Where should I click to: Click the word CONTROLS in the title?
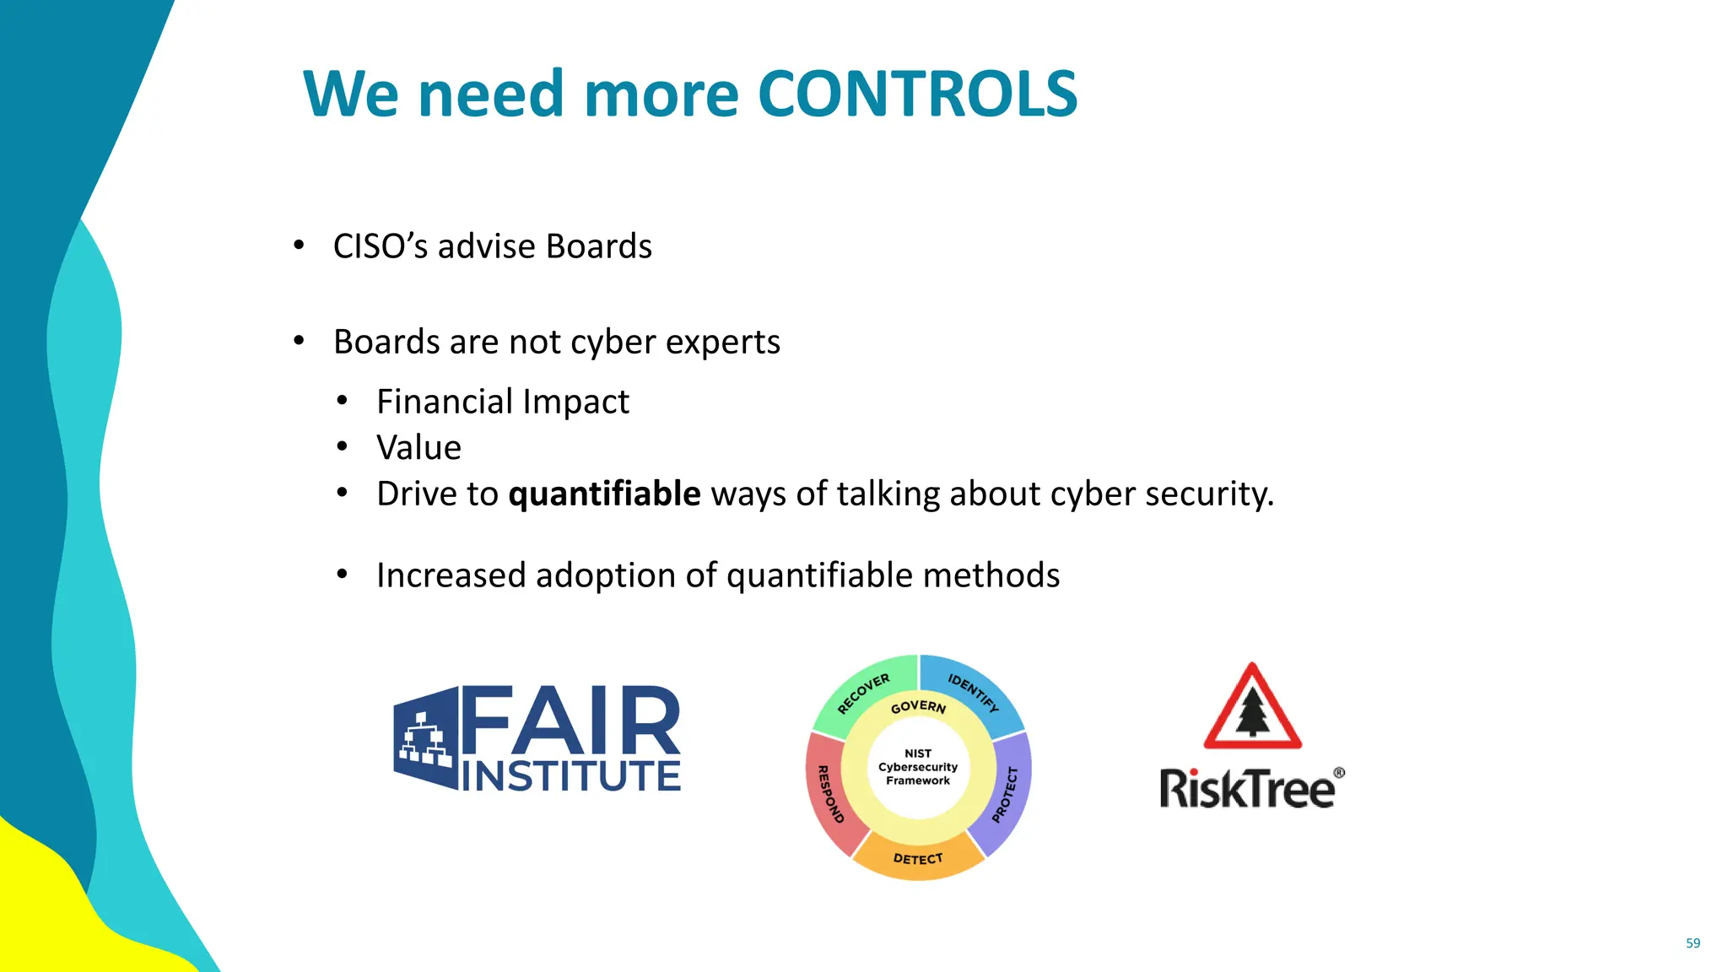click(x=918, y=93)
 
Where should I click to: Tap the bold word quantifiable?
click(x=604, y=494)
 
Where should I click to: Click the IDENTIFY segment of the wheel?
click(x=975, y=690)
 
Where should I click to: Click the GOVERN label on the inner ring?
click(x=918, y=706)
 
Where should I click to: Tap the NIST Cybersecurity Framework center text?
click(x=918, y=767)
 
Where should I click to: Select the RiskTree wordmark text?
click(x=1246, y=789)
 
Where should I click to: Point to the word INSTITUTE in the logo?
click(x=571, y=776)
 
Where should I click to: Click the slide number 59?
click(x=1693, y=943)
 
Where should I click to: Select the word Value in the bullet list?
click(x=418, y=447)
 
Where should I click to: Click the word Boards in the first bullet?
click(x=598, y=246)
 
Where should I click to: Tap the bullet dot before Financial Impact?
click(x=342, y=402)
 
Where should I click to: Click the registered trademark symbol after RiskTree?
click(x=1339, y=772)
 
